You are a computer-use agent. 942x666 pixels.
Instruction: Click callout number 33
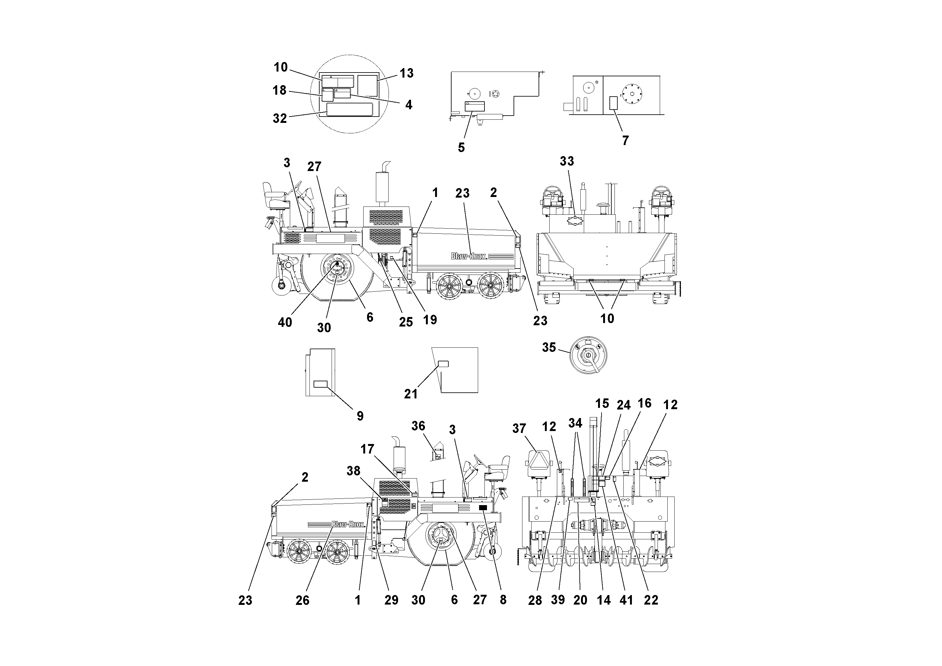(x=567, y=162)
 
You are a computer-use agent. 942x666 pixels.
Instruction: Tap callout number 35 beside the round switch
(x=549, y=347)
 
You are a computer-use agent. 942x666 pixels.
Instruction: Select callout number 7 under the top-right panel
(x=625, y=140)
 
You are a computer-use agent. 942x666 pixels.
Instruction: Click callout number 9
(x=360, y=416)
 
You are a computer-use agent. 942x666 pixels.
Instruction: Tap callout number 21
(x=411, y=394)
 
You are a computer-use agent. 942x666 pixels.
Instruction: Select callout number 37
(x=519, y=429)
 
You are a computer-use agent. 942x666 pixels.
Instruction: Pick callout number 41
(x=626, y=600)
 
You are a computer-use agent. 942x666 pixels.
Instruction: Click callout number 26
(x=303, y=600)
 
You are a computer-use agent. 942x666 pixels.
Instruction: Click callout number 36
(x=418, y=426)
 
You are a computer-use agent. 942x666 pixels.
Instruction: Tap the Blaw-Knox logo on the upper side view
(x=469, y=256)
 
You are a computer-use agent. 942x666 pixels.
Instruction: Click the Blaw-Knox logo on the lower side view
(x=348, y=524)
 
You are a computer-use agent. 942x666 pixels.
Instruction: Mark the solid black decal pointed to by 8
(x=483, y=508)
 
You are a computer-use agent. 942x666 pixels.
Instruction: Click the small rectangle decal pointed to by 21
(x=444, y=364)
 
